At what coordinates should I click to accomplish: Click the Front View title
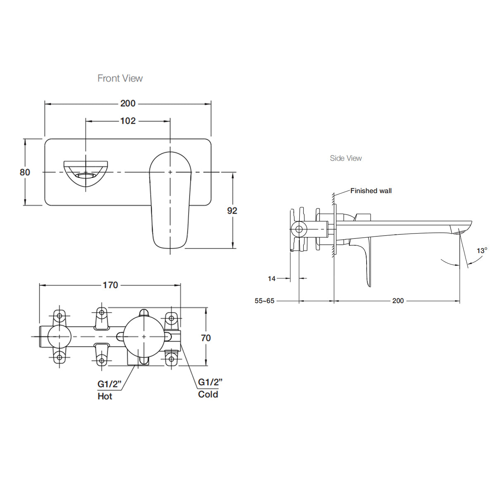click(120, 78)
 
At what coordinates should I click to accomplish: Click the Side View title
click(346, 158)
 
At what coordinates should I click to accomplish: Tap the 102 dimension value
click(128, 121)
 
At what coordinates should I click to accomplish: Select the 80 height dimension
click(25, 172)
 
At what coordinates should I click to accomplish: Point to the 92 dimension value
click(232, 210)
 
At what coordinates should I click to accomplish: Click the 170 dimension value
click(110, 285)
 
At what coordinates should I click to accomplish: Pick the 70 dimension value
click(205, 338)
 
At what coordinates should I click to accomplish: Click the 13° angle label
click(482, 250)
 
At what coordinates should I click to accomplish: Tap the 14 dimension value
click(272, 279)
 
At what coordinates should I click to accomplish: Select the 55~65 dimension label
click(265, 301)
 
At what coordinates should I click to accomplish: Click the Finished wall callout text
click(371, 191)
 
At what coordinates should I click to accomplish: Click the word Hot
click(105, 396)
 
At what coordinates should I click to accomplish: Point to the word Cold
click(208, 394)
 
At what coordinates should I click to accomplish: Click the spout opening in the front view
click(86, 175)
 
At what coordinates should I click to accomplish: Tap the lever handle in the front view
click(170, 198)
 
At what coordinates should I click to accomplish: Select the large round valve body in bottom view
click(143, 337)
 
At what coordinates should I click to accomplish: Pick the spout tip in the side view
click(462, 229)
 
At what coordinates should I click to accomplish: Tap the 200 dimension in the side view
click(398, 301)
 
